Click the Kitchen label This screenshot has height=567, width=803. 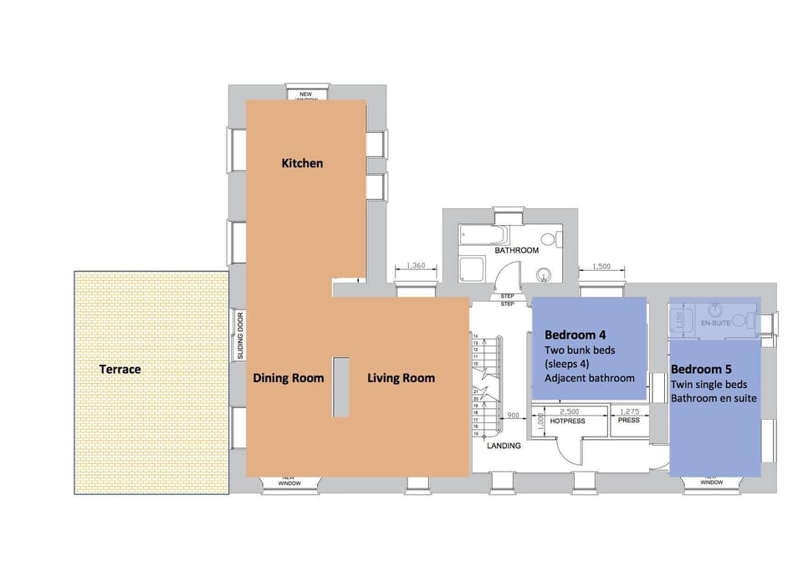point(301,163)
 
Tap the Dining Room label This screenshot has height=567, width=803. point(288,378)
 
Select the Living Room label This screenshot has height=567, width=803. point(401,378)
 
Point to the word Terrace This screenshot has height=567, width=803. point(120,369)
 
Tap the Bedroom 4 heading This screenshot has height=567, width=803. point(575,335)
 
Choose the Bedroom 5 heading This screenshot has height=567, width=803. point(701,369)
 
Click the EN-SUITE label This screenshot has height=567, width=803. point(713,321)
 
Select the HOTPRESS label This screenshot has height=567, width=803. point(567,421)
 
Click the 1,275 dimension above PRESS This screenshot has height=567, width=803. point(628,411)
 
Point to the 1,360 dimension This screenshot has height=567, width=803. point(415,266)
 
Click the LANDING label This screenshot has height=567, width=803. point(504,446)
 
